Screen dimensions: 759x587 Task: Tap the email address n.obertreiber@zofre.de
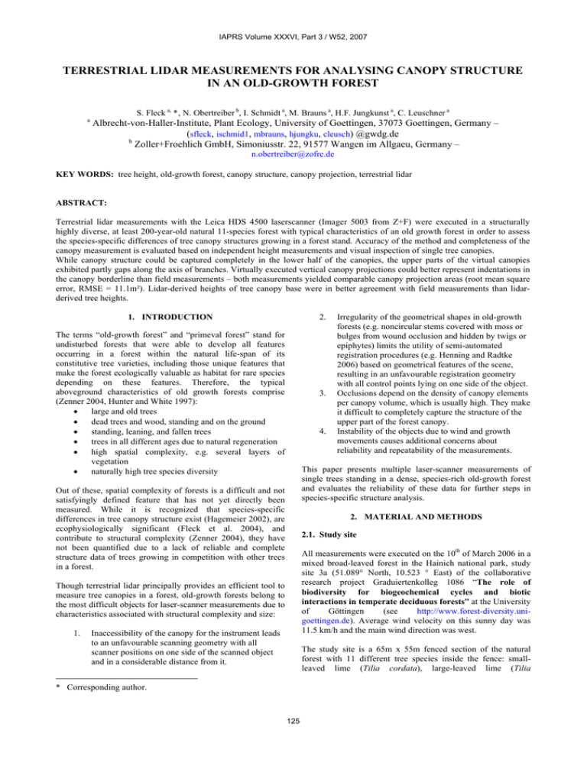pos(293,153)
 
